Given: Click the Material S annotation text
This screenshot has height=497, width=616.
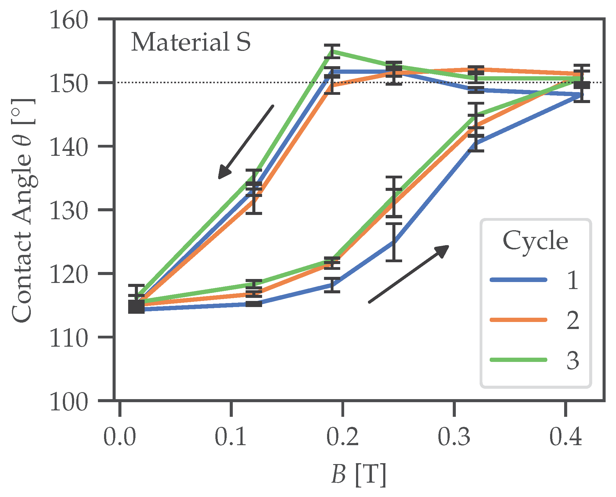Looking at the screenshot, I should click(191, 42).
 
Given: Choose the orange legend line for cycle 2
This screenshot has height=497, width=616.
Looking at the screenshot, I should click(518, 320).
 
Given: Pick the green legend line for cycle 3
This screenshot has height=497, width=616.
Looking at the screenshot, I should click(518, 360).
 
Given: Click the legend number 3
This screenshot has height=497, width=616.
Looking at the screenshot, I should click(573, 361).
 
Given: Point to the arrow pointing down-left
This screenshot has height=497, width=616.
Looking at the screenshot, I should click(246, 142).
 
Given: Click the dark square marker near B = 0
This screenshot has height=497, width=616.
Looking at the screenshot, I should click(136, 306).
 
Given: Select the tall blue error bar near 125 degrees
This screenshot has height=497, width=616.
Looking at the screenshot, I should click(394, 242).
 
